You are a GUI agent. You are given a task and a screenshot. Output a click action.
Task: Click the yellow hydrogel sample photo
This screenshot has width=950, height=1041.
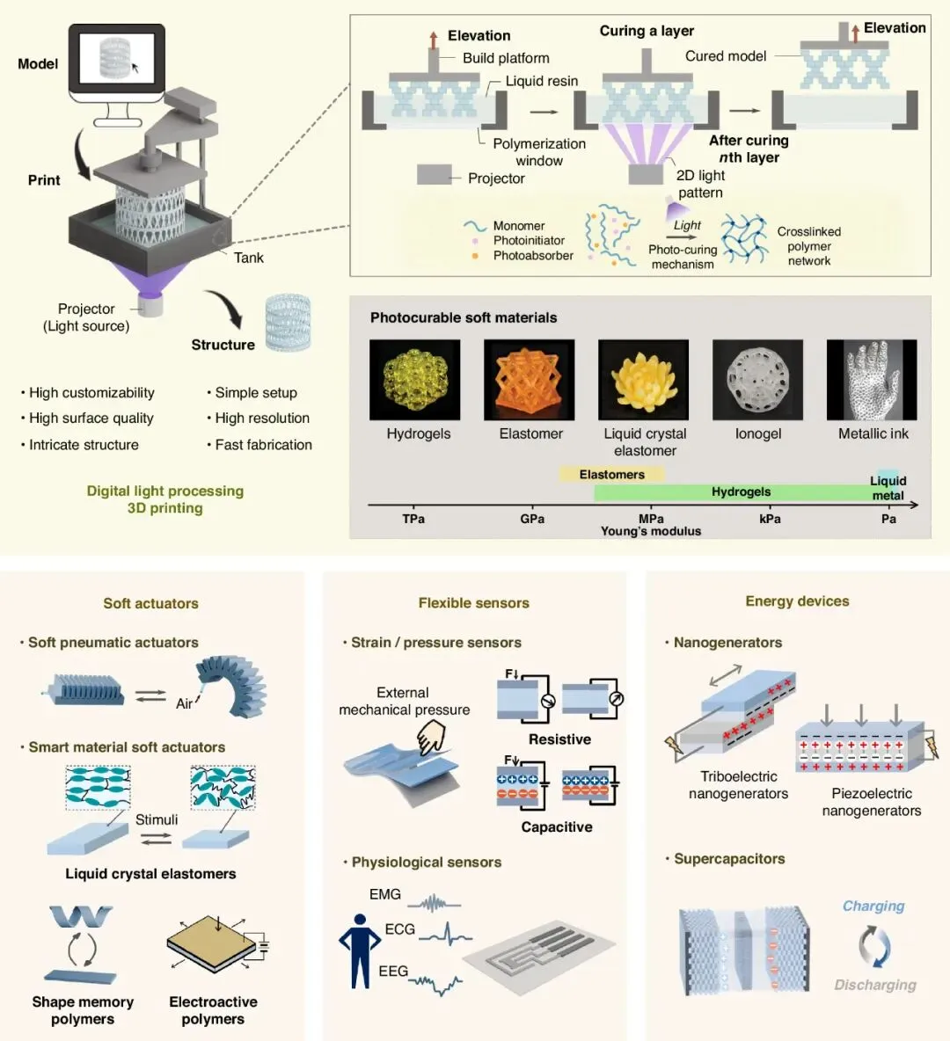click(414, 380)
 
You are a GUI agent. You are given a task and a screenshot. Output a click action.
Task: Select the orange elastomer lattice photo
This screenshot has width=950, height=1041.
click(529, 380)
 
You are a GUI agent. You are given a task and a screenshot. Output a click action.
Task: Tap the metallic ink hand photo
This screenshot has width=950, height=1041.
click(872, 380)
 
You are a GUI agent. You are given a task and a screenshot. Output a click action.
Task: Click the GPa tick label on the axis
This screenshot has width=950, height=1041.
click(532, 519)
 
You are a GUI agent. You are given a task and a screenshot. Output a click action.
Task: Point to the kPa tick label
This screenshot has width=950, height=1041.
click(770, 519)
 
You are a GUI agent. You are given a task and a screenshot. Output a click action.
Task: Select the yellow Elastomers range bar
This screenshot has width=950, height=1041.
click(612, 474)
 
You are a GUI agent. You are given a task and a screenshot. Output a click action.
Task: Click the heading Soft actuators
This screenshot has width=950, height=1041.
click(150, 603)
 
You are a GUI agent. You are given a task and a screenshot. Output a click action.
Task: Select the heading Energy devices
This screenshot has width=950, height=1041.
click(797, 601)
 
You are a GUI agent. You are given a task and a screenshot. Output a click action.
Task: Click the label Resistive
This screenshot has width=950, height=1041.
click(559, 739)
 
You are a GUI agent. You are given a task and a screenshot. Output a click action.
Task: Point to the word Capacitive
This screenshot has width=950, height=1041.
click(557, 827)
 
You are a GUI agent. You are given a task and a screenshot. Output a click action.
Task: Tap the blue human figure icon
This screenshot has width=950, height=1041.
click(360, 951)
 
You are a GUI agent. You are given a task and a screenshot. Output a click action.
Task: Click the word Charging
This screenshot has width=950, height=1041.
click(873, 906)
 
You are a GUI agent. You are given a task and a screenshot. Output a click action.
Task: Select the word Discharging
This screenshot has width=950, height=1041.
click(875, 986)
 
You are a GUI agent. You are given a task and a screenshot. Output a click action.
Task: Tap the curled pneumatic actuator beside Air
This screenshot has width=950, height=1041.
click(232, 687)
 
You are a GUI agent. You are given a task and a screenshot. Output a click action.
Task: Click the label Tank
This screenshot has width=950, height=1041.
click(248, 258)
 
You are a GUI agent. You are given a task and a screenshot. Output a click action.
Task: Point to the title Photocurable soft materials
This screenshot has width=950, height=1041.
click(464, 318)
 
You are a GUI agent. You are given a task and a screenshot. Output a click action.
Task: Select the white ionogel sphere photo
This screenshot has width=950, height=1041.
click(757, 380)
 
